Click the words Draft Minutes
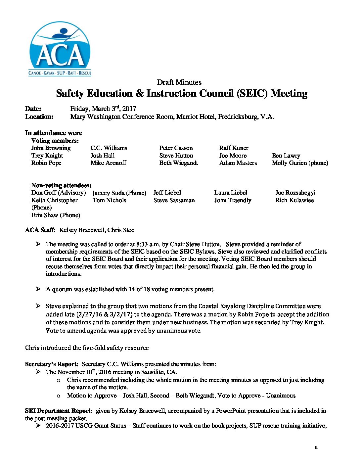[x=179, y=82]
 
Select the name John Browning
[x=51, y=148]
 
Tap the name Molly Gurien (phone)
[x=300, y=163]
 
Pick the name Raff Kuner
[x=234, y=148]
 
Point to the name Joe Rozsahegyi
[x=295, y=193]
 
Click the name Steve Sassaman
[x=174, y=200]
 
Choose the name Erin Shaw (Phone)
[x=56, y=215]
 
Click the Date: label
[x=33, y=109]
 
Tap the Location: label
[x=39, y=117]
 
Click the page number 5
[x=316, y=447]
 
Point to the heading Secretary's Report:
[x=52, y=364]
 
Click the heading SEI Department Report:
[x=59, y=411]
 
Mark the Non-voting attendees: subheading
[x=61, y=185]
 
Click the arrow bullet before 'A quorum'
[x=38, y=289]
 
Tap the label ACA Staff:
[x=40, y=230]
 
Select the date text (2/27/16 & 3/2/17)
[x=104, y=314]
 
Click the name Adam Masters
[x=238, y=163]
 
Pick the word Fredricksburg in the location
[x=238, y=117]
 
